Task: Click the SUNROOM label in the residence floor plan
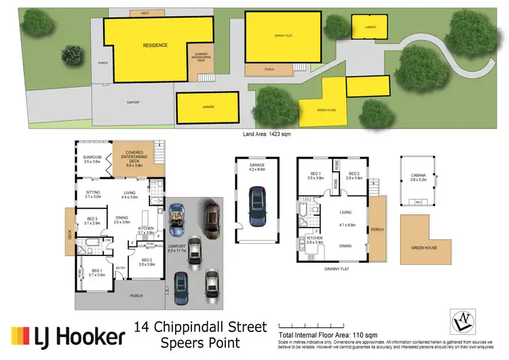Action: pyautogui.click(x=92, y=157)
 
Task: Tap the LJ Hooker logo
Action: pyautogui.click(x=68, y=336)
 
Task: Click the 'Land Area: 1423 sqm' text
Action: pyautogui.click(x=267, y=134)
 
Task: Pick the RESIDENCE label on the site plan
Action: pyautogui.click(x=155, y=45)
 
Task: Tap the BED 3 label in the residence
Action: pyautogui.click(x=92, y=219)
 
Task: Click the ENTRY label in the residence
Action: pyautogui.click(x=121, y=267)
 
